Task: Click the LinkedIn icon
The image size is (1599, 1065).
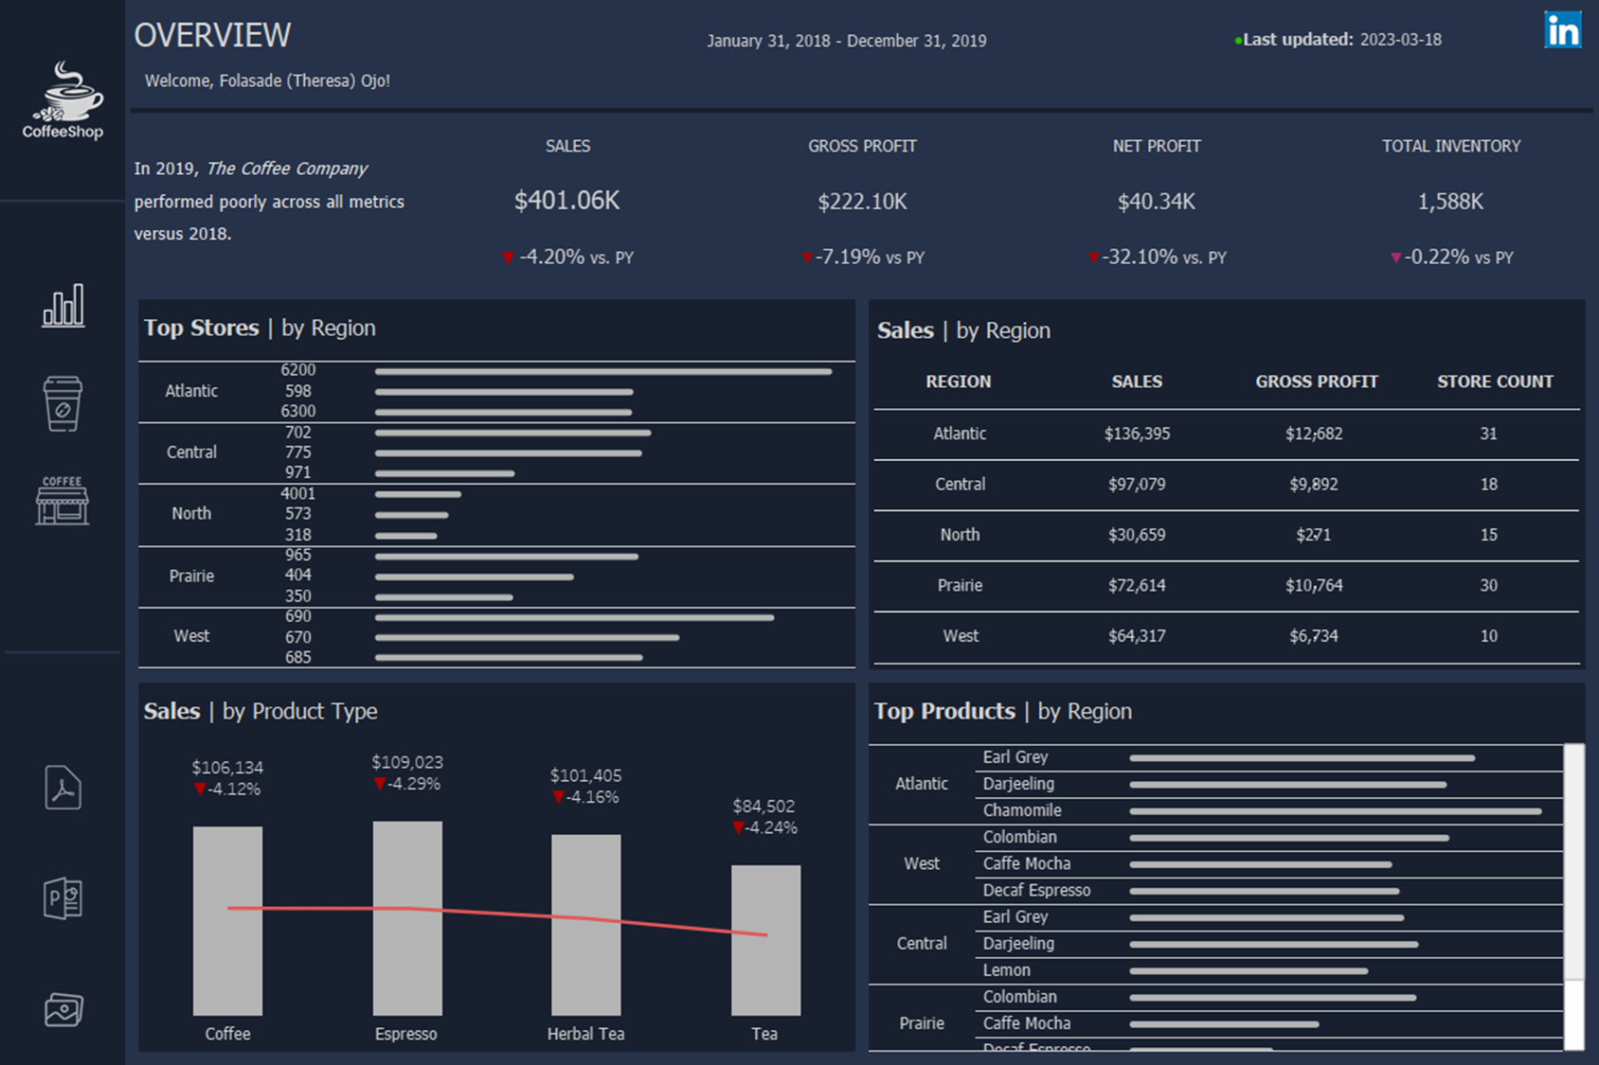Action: point(1562,29)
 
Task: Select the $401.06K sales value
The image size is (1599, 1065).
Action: point(566,201)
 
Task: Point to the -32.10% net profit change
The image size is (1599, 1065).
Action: point(1140,257)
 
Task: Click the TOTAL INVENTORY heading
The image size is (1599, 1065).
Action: point(1450,146)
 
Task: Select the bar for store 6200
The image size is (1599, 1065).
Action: point(602,371)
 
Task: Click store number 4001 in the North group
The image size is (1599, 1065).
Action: point(297,493)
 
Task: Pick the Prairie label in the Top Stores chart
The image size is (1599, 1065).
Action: point(191,576)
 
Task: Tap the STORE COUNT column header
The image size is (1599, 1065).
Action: point(1494,382)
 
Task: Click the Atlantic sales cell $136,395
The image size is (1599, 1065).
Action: point(1137,434)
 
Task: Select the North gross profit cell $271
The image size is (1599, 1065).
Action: point(1313,535)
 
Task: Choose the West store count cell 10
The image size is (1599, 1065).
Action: point(1488,636)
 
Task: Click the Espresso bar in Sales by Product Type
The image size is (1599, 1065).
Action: point(407,918)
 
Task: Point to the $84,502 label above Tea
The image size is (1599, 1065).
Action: point(764,806)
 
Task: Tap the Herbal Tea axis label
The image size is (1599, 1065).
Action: point(585,1034)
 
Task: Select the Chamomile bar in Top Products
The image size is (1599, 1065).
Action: point(1334,811)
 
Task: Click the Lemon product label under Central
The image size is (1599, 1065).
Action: point(1006,970)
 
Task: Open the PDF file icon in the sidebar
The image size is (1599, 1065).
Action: point(63,788)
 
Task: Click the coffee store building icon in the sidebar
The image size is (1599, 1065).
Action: point(63,501)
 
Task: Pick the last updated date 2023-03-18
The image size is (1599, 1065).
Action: point(1400,40)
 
